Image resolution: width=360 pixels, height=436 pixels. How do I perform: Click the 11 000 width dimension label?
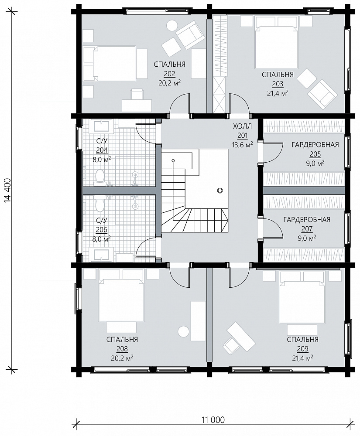pyautogui.click(x=212, y=419)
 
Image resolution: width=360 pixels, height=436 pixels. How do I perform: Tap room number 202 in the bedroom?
pyautogui.click(x=169, y=74)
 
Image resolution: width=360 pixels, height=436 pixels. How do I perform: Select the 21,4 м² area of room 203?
pyautogui.click(x=278, y=93)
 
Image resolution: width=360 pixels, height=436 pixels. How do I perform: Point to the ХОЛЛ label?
pyautogui.click(x=242, y=126)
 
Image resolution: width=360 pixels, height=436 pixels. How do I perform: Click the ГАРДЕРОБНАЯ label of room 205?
pyautogui.click(x=315, y=145)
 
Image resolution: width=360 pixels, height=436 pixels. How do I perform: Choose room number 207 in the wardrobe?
pyautogui.click(x=307, y=229)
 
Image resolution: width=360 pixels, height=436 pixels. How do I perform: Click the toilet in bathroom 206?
pyautogui.click(x=99, y=204)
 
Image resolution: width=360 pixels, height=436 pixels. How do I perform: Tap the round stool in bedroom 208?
pyautogui.click(x=184, y=332)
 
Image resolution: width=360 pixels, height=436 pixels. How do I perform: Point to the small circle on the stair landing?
pyautogui.click(x=220, y=191)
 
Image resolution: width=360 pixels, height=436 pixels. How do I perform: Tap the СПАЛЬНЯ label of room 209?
pyautogui.click(x=302, y=340)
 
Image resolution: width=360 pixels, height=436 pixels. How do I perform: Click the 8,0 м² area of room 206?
pyautogui.click(x=102, y=239)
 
